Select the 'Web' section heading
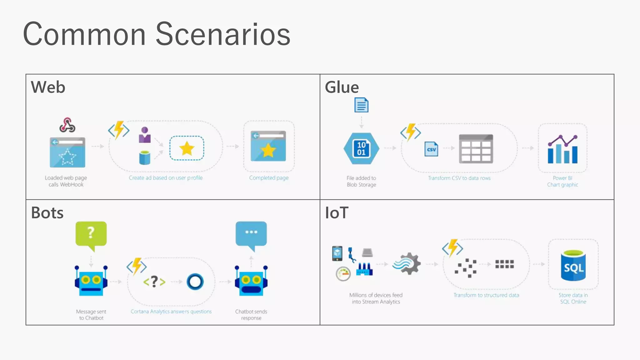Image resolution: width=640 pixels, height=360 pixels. (x=48, y=87)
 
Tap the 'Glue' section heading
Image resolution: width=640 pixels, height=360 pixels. (x=342, y=87)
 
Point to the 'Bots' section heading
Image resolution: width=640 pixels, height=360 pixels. (x=47, y=213)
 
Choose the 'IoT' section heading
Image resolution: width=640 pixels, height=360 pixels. (x=337, y=213)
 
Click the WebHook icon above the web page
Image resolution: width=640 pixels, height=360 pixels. (x=67, y=125)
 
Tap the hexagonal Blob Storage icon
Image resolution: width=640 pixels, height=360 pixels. (x=361, y=149)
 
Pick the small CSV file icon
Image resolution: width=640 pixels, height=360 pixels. (x=431, y=149)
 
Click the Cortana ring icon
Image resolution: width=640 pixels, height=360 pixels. (x=195, y=282)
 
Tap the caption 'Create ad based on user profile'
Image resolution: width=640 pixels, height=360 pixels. (x=166, y=178)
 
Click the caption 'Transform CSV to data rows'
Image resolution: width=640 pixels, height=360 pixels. (x=459, y=178)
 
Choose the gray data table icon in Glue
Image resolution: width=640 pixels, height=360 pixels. (x=476, y=149)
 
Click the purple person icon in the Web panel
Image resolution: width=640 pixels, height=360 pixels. (x=145, y=135)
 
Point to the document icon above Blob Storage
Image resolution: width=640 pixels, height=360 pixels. (x=361, y=105)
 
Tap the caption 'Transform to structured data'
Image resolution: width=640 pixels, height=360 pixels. (x=486, y=295)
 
